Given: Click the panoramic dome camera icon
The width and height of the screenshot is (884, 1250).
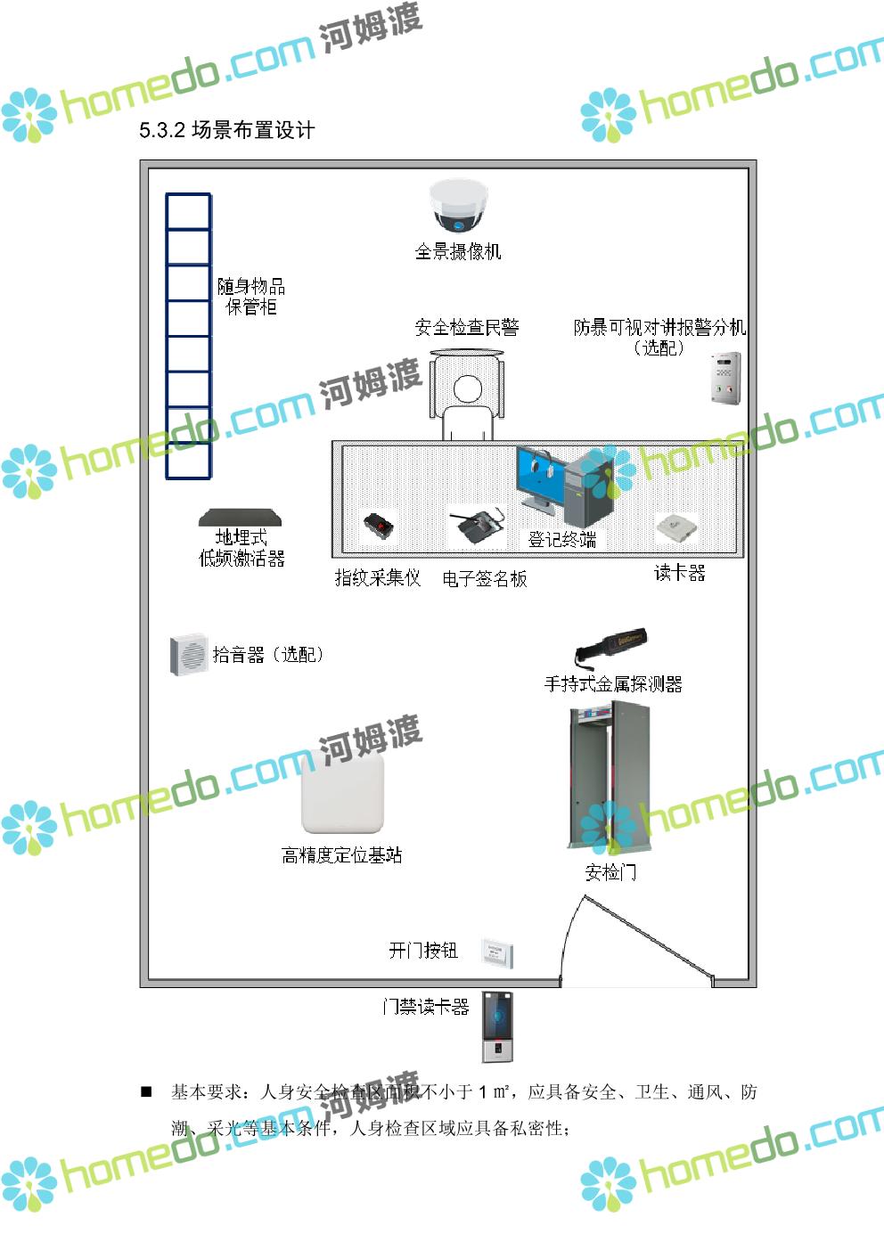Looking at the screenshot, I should (x=459, y=206).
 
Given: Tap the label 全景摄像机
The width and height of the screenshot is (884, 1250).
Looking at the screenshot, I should (x=458, y=252).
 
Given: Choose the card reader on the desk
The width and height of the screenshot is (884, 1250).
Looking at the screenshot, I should (x=675, y=527).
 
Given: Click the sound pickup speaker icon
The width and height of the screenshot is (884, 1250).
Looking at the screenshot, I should (x=188, y=655).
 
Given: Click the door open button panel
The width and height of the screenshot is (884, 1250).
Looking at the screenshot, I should (x=496, y=952).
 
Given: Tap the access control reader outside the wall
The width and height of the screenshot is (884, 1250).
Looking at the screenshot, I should (x=498, y=1026).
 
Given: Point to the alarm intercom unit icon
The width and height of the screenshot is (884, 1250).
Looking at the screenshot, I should (x=726, y=379).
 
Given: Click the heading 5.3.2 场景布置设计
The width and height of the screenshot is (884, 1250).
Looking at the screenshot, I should (x=226, y=130).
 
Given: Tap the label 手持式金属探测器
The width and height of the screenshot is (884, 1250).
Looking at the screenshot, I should (x=613, y=684).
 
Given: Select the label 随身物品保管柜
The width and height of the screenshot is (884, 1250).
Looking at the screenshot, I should (x=251, y=297).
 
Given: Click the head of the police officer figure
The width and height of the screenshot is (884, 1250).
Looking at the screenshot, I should (x=466, y=389).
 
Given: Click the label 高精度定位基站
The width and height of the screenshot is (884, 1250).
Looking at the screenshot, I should (x=342, y=855).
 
